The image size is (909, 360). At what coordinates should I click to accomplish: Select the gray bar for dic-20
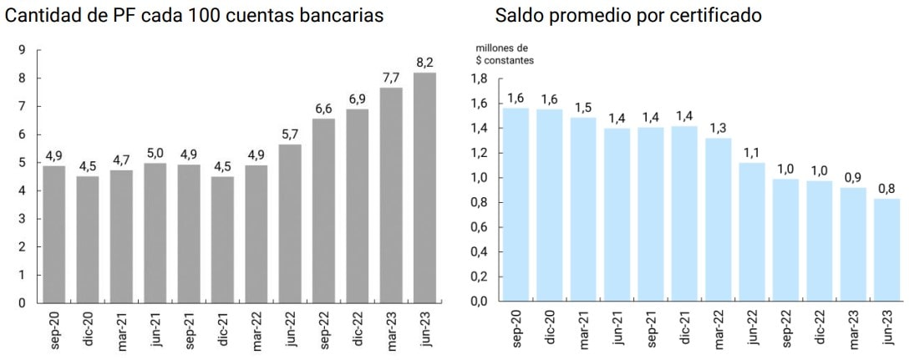[88, 240]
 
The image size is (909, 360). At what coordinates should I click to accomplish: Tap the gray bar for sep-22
[324, 210]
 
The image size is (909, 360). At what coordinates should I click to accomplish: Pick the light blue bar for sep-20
[516, 205]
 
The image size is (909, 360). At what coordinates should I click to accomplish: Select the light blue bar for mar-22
[718, 220]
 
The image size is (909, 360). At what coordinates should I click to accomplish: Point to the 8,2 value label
[425, 62]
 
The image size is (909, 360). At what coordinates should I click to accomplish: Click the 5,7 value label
[290, 133]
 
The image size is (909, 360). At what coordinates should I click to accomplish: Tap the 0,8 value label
[886, 188]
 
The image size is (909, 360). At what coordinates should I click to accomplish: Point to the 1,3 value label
[718, 127]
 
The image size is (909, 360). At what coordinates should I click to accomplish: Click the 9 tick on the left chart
[22, 50]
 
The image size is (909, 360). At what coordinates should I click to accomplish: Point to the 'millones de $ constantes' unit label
[505, 54]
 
